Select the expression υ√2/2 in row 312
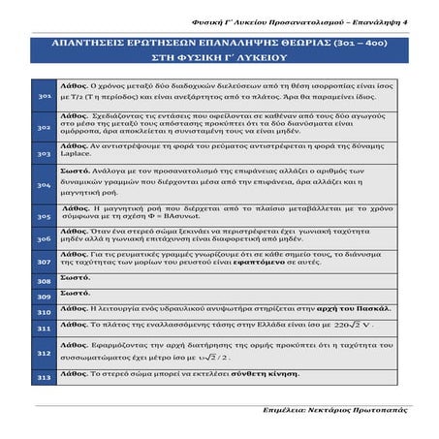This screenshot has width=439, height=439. pyautogui.click(x=217, y=358)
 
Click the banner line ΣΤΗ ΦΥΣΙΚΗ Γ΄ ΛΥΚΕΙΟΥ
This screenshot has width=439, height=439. pyautogui.click(x=219, y=60)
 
